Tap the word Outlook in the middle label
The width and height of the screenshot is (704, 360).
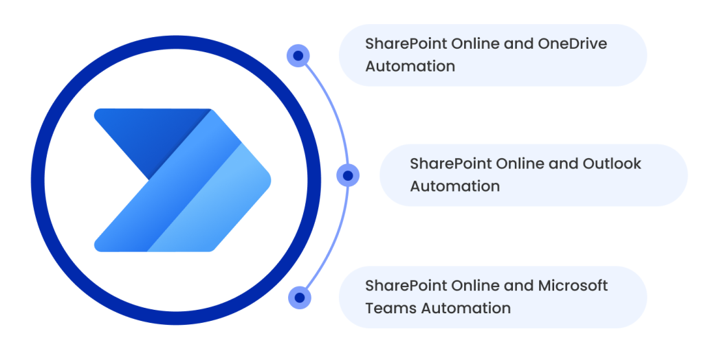click(612, 164)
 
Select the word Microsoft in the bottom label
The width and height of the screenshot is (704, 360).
click(573, 286)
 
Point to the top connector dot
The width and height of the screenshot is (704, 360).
click(298, 56)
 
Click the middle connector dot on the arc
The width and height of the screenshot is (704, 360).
click(348, 175)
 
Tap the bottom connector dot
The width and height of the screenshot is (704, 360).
click(300, 297)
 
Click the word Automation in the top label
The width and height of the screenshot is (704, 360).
click(410, 66)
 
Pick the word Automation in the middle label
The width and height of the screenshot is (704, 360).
click(455, 185)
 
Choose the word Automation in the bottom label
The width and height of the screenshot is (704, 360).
click(466, 308)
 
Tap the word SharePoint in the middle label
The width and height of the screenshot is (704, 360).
click(451, 164)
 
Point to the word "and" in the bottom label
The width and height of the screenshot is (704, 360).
click(519, 286)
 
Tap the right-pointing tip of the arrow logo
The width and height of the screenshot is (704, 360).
click(270, 181)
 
